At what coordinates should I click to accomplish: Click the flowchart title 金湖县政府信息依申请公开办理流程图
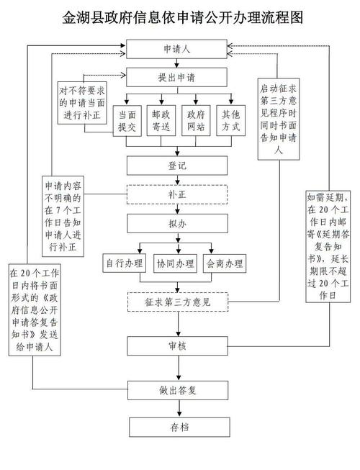point(179,17)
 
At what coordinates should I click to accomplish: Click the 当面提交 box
point(127,119)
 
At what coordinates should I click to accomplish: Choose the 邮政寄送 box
point(161,119)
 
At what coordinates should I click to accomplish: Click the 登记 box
point(177,166)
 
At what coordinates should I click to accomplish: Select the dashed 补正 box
point(177,194)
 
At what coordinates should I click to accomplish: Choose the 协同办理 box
point(176,264)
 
